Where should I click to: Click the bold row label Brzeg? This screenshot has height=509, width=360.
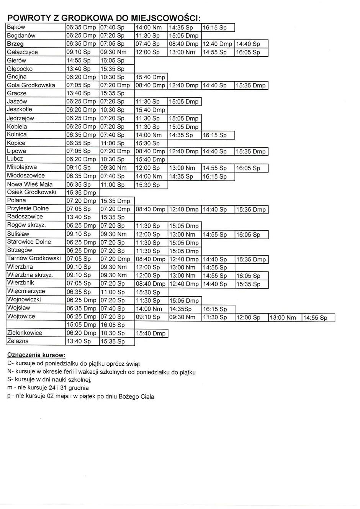tap(15, 44)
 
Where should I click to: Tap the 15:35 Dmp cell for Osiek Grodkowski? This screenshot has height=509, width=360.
tap(81, 192)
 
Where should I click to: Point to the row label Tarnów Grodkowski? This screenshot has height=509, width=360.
tap(34, 258)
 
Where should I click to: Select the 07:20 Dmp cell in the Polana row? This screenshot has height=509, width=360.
tap(81, 201)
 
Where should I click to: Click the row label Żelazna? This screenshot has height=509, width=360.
tap(18, 341)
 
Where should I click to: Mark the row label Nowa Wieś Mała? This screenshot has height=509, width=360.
tap(30, 184)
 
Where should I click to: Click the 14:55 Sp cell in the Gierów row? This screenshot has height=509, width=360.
tap(79, 61)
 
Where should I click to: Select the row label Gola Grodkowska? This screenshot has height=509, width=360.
tap(31, 85)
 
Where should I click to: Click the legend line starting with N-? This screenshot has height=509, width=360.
tap(101, 372)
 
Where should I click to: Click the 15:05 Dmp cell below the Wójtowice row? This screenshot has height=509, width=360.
tap(81, 325)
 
